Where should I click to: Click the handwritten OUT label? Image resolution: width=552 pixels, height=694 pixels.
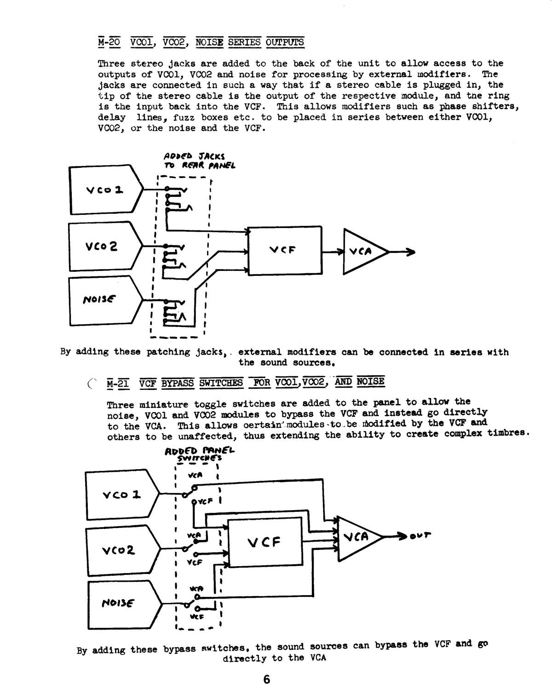[x=420, y=536]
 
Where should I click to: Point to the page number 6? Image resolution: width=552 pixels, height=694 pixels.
[x=266, y=679]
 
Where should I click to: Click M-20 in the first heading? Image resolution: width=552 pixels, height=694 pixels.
[x=109, y=42]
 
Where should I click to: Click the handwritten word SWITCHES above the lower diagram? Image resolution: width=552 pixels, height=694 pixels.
[x=199, y=458]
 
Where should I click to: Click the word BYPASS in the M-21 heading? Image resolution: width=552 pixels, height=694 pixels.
[x=178, y=383]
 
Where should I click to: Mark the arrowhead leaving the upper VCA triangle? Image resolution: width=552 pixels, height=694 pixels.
[x=411, y=252]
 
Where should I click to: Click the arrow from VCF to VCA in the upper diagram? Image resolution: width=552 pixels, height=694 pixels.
[x=333, y=252]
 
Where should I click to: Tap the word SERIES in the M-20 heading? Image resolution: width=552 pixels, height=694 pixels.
[x=244, y=42]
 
